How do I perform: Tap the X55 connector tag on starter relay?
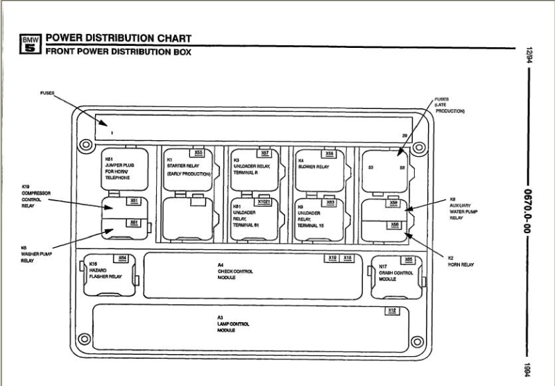tap(198, 153)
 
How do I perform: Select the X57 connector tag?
tap(264, 153)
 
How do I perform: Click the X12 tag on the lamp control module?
tap(392, 310)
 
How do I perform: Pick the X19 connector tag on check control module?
tap(333, 258)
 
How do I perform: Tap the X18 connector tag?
tap(348, 258)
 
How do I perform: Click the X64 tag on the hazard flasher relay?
tap(122, 258)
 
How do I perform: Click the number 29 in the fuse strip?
tap(404, 135)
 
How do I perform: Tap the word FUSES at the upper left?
tap(47, 92)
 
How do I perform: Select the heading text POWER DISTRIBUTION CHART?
tap(118, 37)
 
